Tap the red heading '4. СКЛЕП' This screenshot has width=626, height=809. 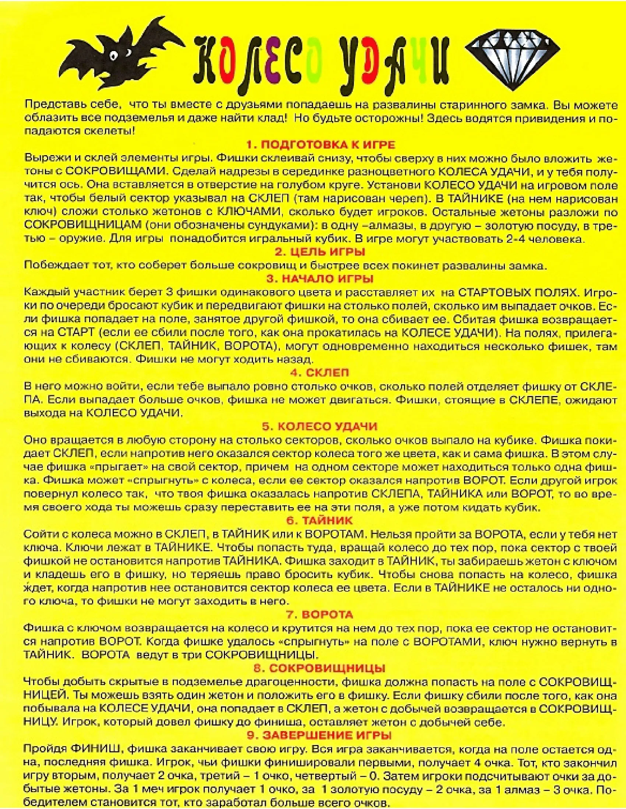pos(320,373)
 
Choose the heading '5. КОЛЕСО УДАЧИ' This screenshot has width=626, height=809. pos(320,426)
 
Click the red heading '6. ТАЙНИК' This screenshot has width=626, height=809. pos(320,520)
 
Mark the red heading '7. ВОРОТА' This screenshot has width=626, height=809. pos(320,615)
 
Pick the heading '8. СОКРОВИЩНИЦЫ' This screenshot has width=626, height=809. pos(320,668)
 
